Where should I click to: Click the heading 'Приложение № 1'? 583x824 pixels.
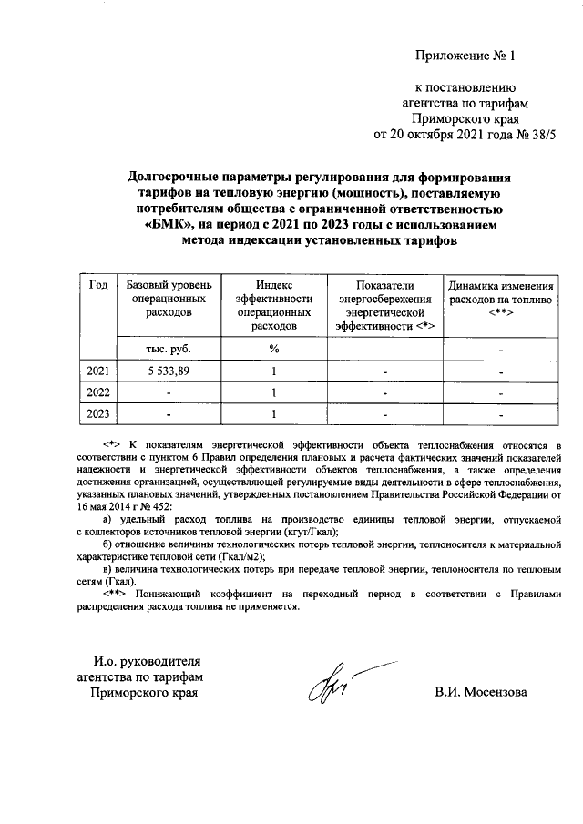point(465,56)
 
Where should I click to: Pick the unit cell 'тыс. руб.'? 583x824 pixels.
point(169,349)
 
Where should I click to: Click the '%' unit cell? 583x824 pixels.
point(272,349)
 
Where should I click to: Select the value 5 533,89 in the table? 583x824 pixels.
point(169,371)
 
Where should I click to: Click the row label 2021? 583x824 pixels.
point(97,371)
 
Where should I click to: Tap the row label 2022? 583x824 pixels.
point(97,392)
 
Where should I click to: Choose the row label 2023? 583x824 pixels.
point(97,414)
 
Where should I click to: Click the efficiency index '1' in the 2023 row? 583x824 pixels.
point(272,414)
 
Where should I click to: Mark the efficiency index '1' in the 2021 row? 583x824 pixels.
point(272,371)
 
